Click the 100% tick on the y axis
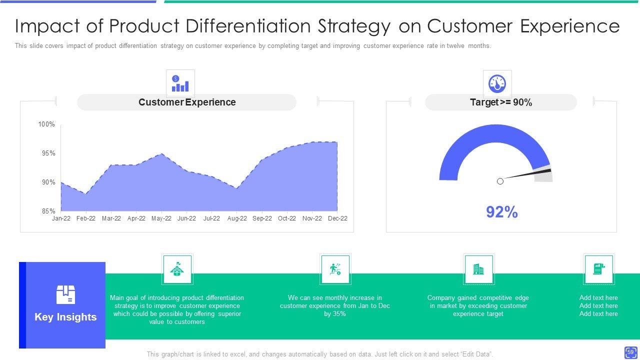pos(46,124)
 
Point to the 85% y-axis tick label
pos(48,211)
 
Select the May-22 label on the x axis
pos(161,218)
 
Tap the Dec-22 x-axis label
pos(337,218)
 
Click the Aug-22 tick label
pos(236,218)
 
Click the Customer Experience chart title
pos(187,102)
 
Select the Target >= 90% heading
pos(500,102)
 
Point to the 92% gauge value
pos(501,212)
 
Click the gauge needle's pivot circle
pos(500,181)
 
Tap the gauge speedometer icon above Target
pos(497,83)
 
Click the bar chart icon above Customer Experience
pos(180,83)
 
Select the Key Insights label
pos(65,317)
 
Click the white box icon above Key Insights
pos(65,294)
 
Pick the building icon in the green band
pos(478,269)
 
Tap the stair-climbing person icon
pos(335,269)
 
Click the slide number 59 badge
pos(630,352)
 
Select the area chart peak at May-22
pos(161,154)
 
